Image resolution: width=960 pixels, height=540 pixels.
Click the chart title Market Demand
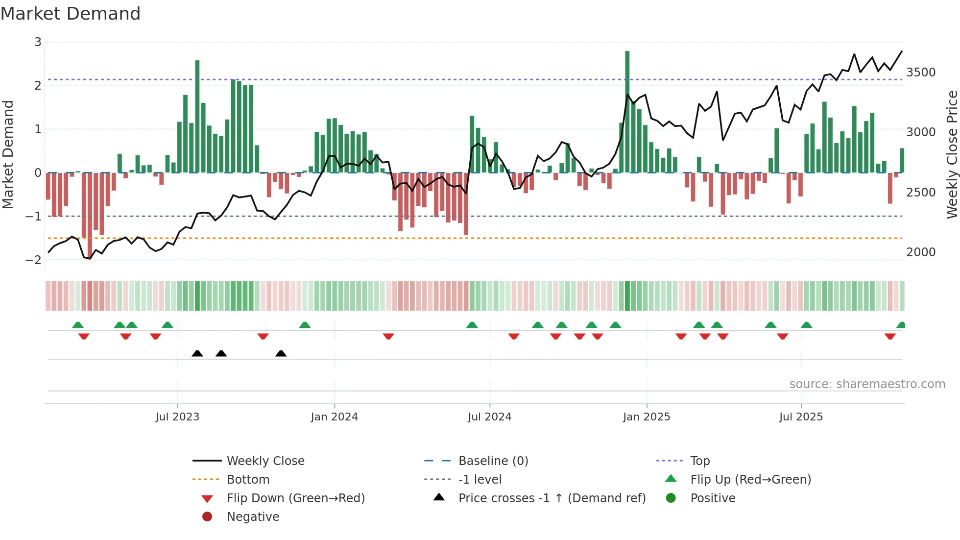(71, 14)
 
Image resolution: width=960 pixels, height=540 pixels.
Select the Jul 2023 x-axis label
(177, 417)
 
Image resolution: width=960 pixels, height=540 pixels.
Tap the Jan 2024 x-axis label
(334, 417)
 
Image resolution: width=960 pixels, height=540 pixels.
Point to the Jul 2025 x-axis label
(801, 417)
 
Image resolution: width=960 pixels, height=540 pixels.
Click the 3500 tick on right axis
(921, 73)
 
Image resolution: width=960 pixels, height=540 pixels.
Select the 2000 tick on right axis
(921, 252)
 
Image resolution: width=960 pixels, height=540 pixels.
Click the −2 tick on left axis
(33, 260)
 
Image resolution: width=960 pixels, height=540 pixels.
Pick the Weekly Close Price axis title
(952, 154)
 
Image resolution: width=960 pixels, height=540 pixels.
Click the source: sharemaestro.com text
(867, 384)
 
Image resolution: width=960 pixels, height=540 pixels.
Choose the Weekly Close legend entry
(265, 461)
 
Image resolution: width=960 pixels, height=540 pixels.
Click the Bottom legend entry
(248, 480)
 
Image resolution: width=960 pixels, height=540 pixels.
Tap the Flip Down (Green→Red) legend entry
(295, 498)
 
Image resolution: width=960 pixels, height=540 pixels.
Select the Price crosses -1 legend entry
(552, 498)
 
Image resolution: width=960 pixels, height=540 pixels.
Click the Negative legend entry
(253, 517)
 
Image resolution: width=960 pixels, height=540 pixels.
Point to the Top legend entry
(700, 461)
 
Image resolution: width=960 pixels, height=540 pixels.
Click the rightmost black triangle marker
(281, 354)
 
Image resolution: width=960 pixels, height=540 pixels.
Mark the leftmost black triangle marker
(197, 354)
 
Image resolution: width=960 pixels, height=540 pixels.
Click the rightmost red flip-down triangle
(890, 336)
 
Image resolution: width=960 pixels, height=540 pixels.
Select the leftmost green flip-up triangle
(77, 325)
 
